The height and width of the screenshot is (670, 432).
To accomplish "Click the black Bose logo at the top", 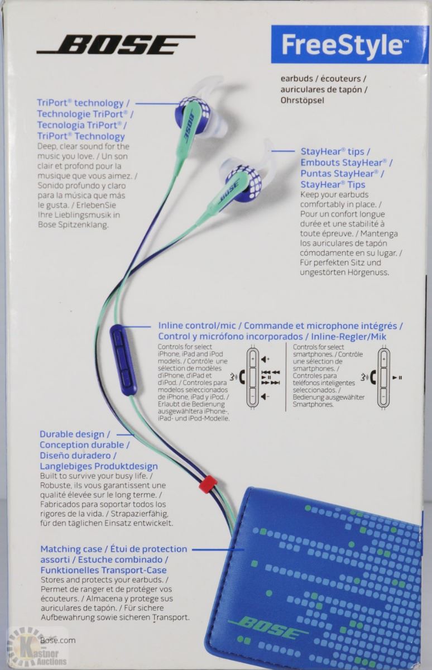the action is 116,44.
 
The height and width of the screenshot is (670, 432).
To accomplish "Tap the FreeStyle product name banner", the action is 350,44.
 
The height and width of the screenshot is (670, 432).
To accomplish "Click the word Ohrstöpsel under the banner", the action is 303,100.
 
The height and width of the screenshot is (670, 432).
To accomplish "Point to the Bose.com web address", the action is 58,640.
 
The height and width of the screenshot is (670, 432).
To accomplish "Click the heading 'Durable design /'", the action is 75,434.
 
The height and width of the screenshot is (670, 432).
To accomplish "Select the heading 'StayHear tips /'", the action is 335,152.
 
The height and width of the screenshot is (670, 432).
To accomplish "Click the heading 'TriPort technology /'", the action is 83,103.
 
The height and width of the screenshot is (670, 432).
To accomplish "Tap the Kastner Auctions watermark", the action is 37,648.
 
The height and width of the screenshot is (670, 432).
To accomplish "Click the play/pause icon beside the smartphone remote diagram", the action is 397,378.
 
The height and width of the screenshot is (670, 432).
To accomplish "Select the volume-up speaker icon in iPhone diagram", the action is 265,359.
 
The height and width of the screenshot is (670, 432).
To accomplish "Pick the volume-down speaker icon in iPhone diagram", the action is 265,396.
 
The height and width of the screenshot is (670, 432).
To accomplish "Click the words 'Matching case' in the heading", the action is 71,549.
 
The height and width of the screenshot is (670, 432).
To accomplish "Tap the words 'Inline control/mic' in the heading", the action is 197,326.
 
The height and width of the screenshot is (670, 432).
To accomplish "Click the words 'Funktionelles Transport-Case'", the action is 103,570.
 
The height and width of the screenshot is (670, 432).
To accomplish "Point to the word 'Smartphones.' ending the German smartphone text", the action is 313,404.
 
